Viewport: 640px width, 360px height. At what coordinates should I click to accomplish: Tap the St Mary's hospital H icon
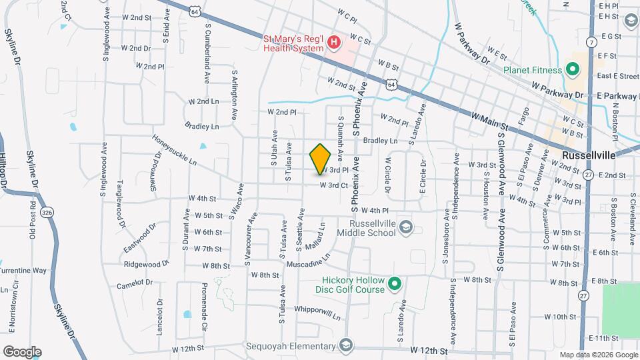[x=335, y=45]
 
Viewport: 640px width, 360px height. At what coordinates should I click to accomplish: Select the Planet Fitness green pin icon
[x=571, y=69]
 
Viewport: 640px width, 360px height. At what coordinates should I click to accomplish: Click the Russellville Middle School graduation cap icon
[x=405, y=229]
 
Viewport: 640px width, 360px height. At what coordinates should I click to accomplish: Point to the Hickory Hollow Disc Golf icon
[x=395, y=285]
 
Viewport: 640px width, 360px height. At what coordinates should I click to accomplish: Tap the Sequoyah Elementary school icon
[x=345, y=345]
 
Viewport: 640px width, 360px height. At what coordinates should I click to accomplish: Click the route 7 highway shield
[x=592, y=43]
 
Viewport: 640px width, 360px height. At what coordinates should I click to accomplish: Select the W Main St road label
[x=490, y=120]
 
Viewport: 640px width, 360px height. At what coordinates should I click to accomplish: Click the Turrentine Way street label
[x=24, y=271]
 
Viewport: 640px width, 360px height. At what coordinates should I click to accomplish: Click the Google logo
[x=22, y=352]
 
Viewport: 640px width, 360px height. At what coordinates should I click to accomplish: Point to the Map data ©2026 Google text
[x=597, y=355]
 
